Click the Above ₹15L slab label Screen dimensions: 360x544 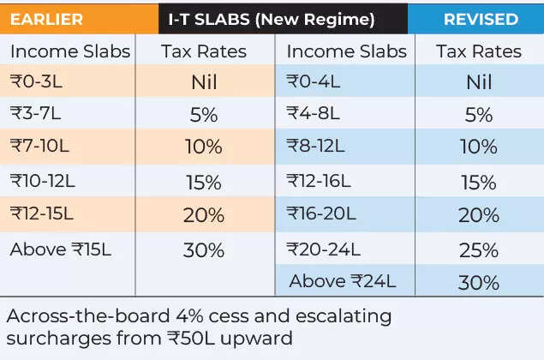click(60, 249)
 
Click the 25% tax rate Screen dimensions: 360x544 click(478, 250)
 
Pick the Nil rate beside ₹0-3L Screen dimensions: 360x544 click(203, 82)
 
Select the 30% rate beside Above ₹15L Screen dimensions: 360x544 click(203, 250)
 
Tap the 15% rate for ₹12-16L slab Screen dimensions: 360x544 click(478, 182)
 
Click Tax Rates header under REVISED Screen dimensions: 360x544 click(478, 51)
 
